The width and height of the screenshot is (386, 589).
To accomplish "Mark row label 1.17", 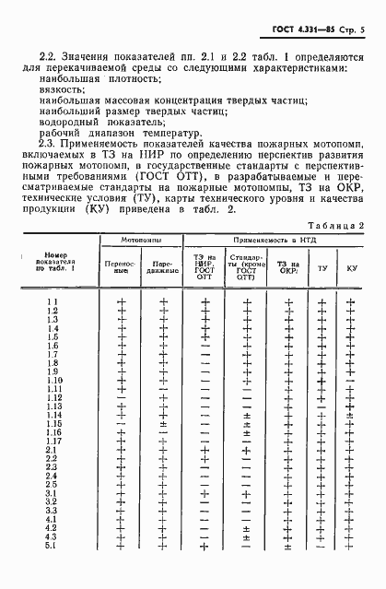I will click(53, 466).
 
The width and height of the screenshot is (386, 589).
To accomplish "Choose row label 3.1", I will click(53, 519).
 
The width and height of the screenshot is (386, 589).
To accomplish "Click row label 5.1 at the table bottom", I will click(53, 571).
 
